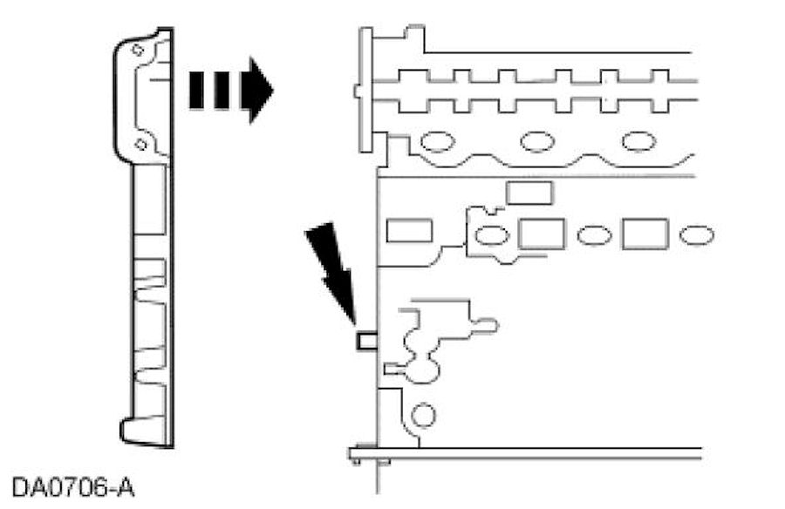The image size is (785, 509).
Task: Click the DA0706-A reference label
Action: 73,485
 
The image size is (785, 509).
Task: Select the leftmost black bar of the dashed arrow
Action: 196,90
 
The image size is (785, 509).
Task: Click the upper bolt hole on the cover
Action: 136,51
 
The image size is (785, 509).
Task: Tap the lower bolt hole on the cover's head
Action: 140,144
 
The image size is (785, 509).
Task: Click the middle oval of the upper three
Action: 536,141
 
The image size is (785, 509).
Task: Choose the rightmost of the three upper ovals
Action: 638,141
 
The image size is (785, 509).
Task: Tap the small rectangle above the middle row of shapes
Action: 529,193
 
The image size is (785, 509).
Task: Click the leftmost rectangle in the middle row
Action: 409,231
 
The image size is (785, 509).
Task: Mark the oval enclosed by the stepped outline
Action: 492,234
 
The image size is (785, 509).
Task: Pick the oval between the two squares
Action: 594,235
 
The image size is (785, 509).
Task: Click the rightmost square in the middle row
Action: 645,234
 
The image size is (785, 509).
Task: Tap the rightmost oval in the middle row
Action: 696,235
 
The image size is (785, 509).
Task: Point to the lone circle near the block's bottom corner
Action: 423,415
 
